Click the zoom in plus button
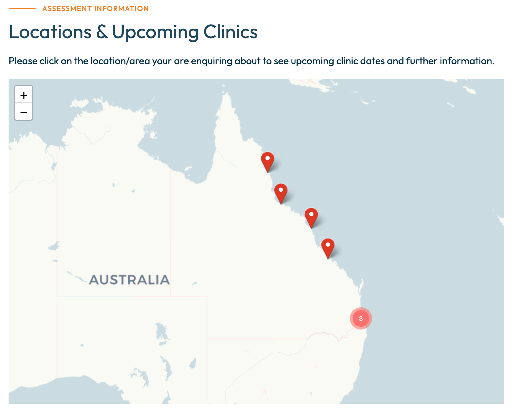(24, 95)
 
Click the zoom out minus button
(24, 112)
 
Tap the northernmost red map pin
(267, 161)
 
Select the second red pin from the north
(281, 192)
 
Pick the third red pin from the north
(311, 217)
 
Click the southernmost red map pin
(328, 247)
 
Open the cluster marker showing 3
(361, 318)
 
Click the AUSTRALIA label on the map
(129, 280)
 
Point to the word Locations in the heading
(50, 32)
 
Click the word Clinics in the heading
(230, 32)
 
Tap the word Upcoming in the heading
(155, 32)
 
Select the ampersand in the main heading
(102, 32)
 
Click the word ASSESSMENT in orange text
(67, 9)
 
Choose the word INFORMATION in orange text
(121, 9)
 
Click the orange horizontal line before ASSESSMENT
(22, 9)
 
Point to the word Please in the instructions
(23, 61)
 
